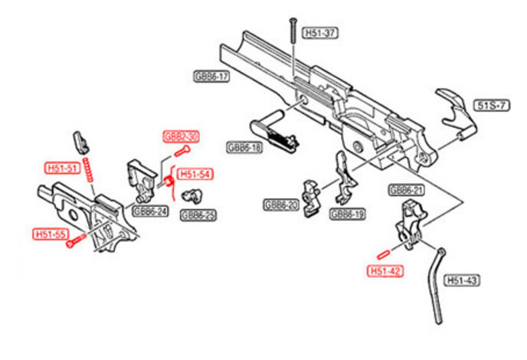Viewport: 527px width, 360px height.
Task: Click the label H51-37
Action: click(x=320, y=33)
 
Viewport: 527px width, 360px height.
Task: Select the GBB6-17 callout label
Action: click(x=211, y=77)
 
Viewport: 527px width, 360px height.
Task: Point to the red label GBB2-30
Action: click(x=181, y=136)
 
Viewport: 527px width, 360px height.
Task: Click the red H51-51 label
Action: click(x=61, y=169)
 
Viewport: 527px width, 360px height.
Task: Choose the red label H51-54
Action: click(x=196, y=175)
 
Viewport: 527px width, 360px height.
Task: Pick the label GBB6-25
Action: click(x=198, y=215)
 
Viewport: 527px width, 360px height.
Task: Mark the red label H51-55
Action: click(x=50, y=234)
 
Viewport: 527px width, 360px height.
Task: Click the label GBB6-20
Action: click(x=280, y=205)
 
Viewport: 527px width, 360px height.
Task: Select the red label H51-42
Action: click(x=385, y=270)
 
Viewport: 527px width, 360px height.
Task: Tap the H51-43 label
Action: click(x=462, y=281)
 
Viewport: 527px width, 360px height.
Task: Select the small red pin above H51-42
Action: click(x=385, y=253)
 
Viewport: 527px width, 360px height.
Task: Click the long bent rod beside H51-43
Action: click(x=435, y=283)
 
